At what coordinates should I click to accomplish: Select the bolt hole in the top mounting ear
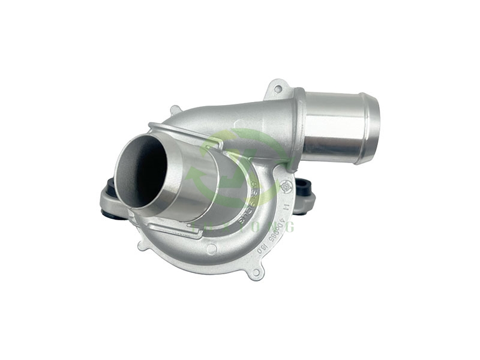click(277, 89)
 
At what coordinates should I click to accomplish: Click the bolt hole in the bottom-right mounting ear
click(256, 273)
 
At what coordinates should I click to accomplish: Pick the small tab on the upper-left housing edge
click(175, 110)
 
